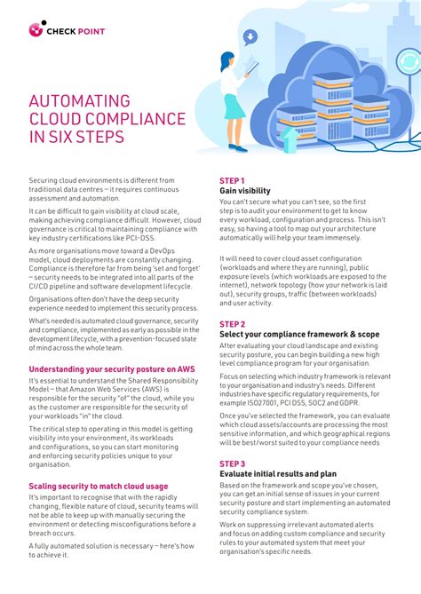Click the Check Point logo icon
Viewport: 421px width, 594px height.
(x=36, y=29)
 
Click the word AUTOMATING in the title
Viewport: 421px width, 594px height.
(x=80, y=101)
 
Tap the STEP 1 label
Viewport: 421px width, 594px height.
(x=232, y=180)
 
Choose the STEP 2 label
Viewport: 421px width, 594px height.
(x=232, y=325)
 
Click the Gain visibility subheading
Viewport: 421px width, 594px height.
(x=245, y=191)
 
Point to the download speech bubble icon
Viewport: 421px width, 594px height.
(x=250, y=37)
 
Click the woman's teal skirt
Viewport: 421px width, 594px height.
(x=234, y=107)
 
